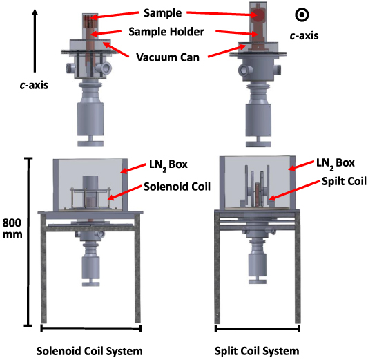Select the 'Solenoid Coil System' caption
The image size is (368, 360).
click(x=91, y=350)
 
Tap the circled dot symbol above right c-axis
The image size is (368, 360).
click(x=300, y=14)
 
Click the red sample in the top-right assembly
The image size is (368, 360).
click(x=258, y=17)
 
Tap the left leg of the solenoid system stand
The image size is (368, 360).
click(x=47, y=273)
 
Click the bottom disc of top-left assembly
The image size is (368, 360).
click(x=92, y=144)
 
